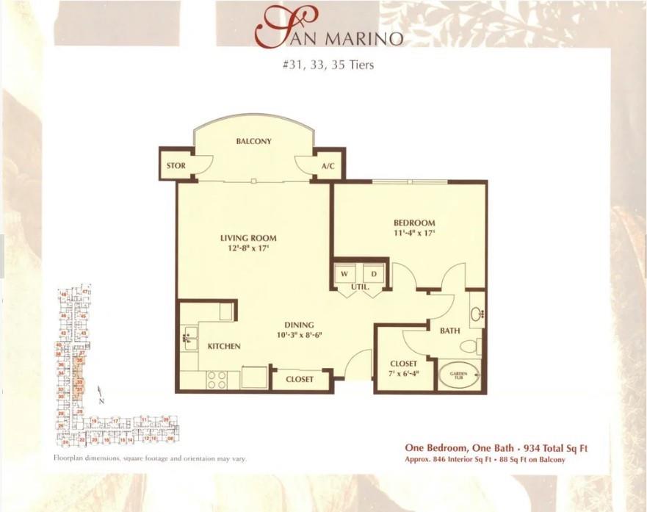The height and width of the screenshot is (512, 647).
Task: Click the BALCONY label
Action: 253,141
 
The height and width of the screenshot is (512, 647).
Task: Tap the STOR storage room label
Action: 176,166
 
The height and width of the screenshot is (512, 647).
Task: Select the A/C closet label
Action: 328,166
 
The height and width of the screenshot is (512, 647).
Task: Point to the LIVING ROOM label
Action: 248,238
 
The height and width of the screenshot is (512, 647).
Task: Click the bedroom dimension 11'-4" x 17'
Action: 414,234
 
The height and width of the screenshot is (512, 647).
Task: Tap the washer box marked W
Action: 344,273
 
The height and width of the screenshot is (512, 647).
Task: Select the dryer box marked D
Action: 374,273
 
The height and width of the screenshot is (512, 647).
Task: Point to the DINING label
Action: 300,325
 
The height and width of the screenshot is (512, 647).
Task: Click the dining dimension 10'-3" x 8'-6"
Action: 300,335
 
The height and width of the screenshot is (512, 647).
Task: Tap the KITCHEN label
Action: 224,346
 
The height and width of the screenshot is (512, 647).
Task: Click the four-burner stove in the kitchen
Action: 216,379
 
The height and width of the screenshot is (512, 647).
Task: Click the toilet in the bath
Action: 469,345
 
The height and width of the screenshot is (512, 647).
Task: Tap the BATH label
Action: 449,331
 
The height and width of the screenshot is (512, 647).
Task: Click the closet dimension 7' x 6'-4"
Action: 404,373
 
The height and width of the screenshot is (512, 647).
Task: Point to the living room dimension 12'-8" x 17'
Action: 248,248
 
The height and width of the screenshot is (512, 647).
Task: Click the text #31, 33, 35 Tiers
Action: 328,65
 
